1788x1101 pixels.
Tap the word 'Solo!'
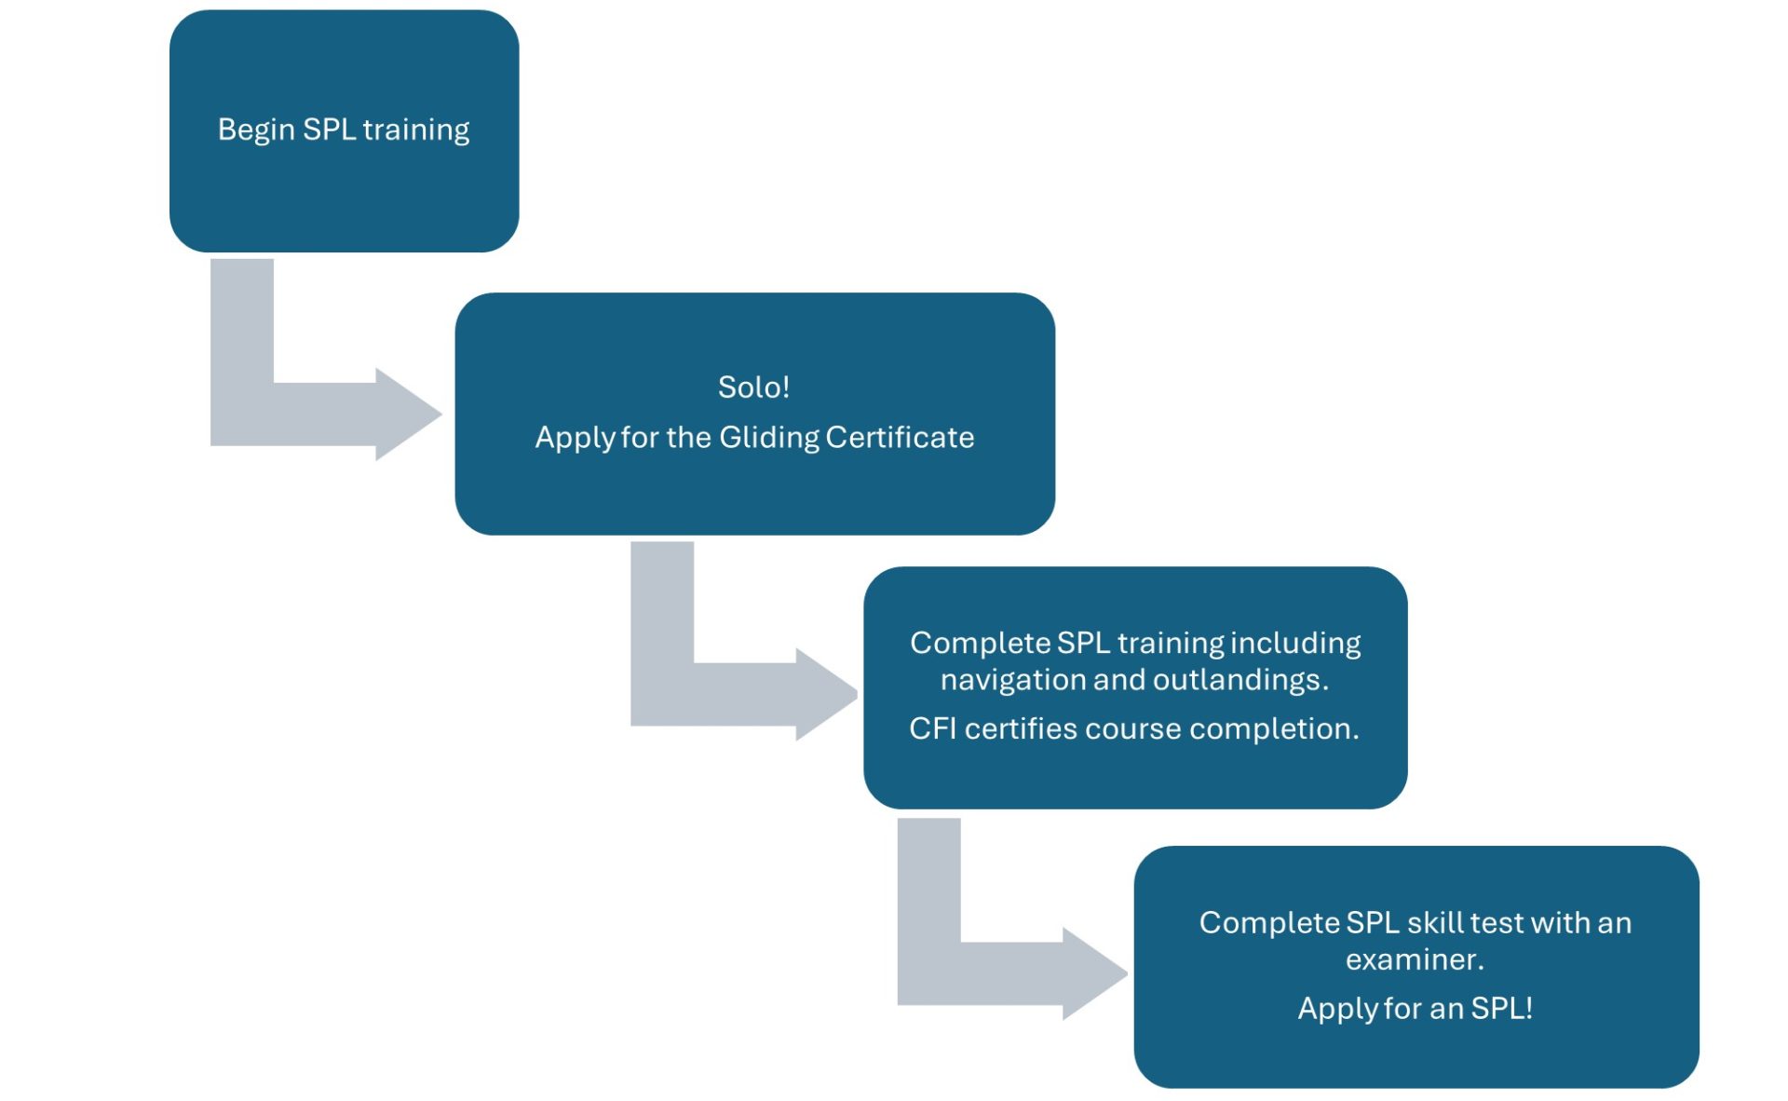click(753, 387)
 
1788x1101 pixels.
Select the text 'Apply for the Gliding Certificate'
click(753, 437)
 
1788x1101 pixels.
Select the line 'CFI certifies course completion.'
click(1133, 728)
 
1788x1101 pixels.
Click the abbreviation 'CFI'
click(932, 728)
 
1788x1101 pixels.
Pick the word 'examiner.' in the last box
click(1415, 959)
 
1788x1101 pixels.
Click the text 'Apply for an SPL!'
click(1415, 1008)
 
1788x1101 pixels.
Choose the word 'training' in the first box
click(415, 129)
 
